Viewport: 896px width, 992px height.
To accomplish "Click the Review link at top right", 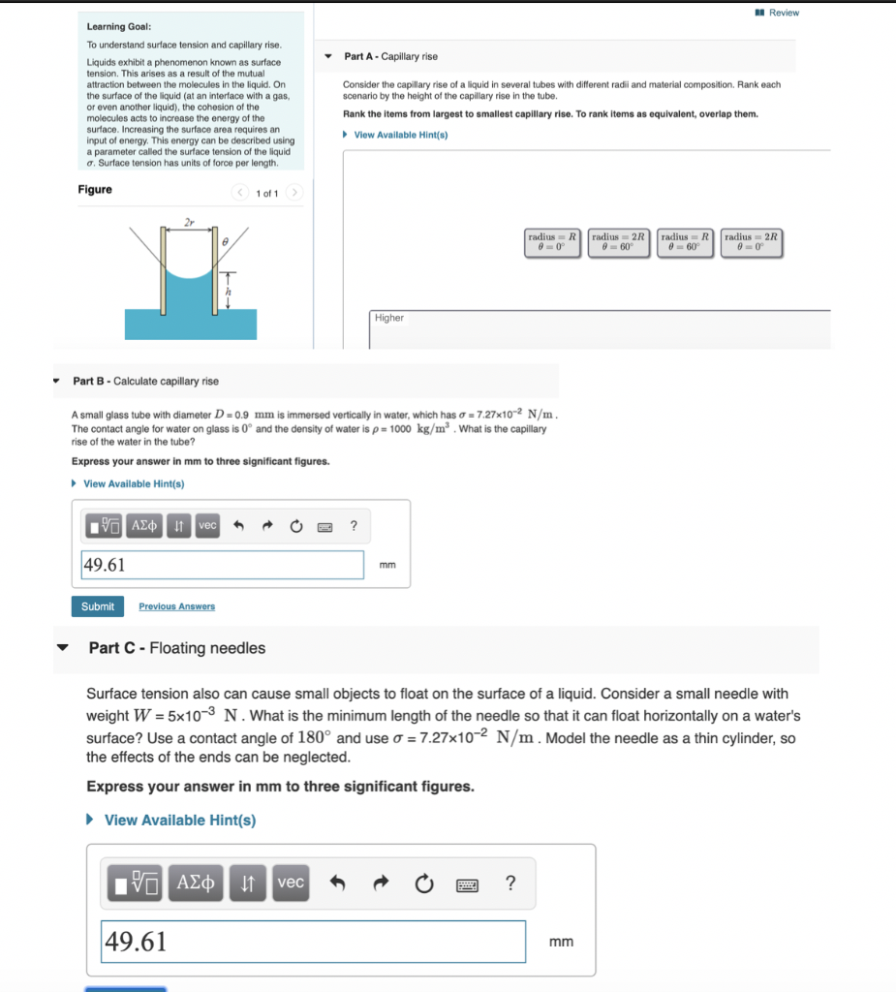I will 783,13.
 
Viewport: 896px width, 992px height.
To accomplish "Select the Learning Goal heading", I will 118,27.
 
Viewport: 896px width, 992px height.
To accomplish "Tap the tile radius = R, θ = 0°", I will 552,241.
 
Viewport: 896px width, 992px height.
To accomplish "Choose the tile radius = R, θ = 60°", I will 685,241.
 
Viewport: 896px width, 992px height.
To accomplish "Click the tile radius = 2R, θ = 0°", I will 751,241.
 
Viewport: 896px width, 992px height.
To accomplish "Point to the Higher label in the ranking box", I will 389,318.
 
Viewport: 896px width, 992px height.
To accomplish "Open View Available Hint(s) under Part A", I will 400,135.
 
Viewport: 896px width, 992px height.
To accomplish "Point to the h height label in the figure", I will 229,292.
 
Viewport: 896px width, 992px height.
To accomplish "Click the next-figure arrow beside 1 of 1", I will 295,193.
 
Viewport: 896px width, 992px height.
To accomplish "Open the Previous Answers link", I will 176,606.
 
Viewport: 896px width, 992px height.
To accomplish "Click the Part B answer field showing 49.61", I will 222,565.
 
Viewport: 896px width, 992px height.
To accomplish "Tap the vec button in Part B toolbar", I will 207,525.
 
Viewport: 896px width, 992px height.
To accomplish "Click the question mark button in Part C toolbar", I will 510,883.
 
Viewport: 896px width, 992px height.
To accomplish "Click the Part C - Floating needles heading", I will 176,648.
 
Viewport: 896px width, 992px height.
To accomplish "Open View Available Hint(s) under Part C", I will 179,821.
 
